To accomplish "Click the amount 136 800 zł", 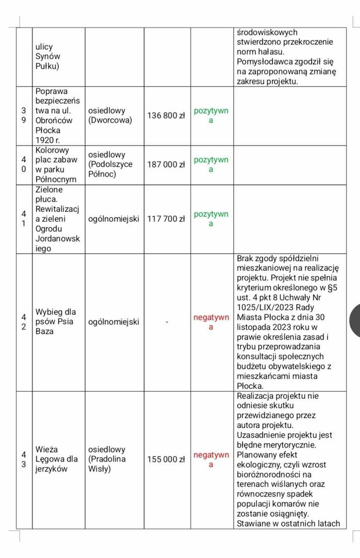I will pyautogui.click(x=166, y=116).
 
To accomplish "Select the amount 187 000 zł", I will pyautogui.click(x=166, y=165).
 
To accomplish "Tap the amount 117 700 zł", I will pyautogui.click(x=166, y=219).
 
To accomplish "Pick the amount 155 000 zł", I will pyautogui.click(x=166, y=460).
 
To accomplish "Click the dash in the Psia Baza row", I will pyautogui.click(x=167, y=322).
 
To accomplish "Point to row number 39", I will pyautogui.click(x=24, y=116).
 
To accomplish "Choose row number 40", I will pyautogui.click(x=24, y=165).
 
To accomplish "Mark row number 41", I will pyautogui.click(x=24, y=219).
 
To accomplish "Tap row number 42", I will pyautogui.click(x=24, y=322).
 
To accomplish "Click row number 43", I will pyautogui.click(x=24, y=460).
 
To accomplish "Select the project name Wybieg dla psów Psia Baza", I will pyautogui.click(x=55, y=321).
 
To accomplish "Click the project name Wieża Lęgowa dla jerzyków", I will pyautogui.click(x=56, y=459).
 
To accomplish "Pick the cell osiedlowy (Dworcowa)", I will pyautogui.click(x=110, y=115).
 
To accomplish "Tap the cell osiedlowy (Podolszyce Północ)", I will pyautogui.click(x=110, y=165).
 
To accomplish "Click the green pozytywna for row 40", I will pyautogui.click(x=211, y=165).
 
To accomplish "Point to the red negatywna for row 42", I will pyautogui.click(x=211, y=322).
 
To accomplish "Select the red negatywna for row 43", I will pyautogui.click(x=211, y=460).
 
